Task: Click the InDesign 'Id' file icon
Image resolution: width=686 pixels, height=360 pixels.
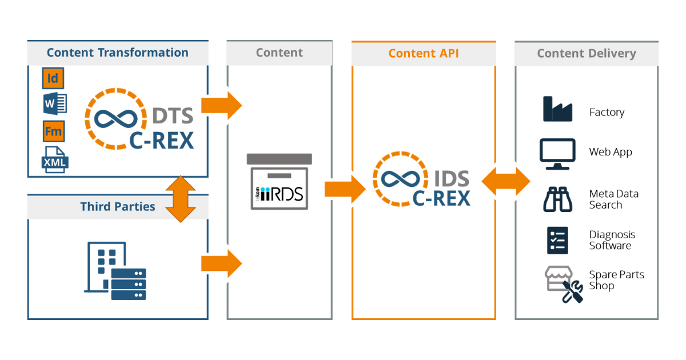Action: pos(53,78)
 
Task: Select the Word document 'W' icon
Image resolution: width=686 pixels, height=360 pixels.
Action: pos(54,105)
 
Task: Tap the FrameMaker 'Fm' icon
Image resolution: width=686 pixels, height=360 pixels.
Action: pos(53,131)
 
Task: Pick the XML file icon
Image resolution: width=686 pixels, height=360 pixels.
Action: pos(55,160)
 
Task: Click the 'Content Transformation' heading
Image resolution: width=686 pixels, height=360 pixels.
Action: pos(117,53)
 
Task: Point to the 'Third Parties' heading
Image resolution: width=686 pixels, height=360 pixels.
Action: pos(117,206)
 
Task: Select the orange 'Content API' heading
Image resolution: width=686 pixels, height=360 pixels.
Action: pos(423,53)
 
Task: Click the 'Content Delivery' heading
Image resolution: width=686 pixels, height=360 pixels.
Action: pos(586,53)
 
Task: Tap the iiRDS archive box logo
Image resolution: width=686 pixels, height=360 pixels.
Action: pos(279,182)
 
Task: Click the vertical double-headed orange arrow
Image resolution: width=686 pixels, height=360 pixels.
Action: pos(180,198)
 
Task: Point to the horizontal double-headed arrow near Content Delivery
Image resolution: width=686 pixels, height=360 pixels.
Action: pos(505,182)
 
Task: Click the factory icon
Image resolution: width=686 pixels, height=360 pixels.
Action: pos(557,109)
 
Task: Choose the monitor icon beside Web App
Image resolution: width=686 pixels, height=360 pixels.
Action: pos(557,153)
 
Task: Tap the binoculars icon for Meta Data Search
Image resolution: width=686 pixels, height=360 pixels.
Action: pos(557,199)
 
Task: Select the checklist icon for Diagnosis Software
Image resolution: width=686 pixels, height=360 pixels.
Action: pos(557,240)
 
